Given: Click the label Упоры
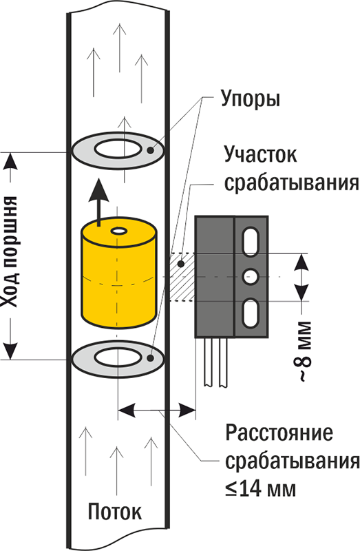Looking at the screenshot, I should point(250,99).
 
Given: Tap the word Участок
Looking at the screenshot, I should point(261,155).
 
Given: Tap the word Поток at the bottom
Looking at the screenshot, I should point(115,512).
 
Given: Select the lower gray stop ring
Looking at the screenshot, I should point(116,357).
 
